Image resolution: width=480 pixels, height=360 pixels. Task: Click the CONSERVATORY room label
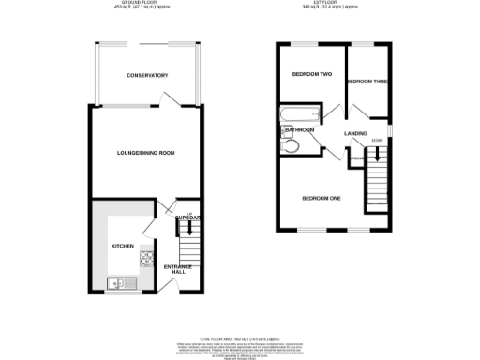pyautogui.click(x=148, y=75)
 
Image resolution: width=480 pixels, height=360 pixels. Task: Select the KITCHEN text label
pyautogui.click(x=123, y=246)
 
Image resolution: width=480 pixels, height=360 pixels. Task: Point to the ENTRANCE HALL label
pyautogui.click(x=178, y=270)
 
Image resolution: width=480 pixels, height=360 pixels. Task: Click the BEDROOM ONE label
pyautogui.click(x=321, y=198)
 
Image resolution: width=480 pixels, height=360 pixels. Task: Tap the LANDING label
pyautogui.click(x=355, y=134)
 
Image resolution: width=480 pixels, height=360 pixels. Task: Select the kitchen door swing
pyautogui.click(x=150, y=225)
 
